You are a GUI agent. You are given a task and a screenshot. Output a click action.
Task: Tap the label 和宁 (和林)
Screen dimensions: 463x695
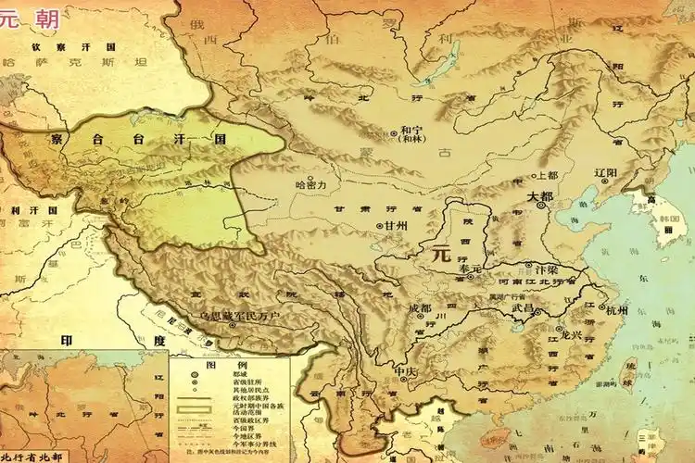click(x=411, y=134)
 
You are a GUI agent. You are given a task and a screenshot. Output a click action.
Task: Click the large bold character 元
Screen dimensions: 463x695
click(x=434, y=252)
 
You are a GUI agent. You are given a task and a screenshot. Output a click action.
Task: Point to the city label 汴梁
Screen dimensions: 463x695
click(x=547, y=266)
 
